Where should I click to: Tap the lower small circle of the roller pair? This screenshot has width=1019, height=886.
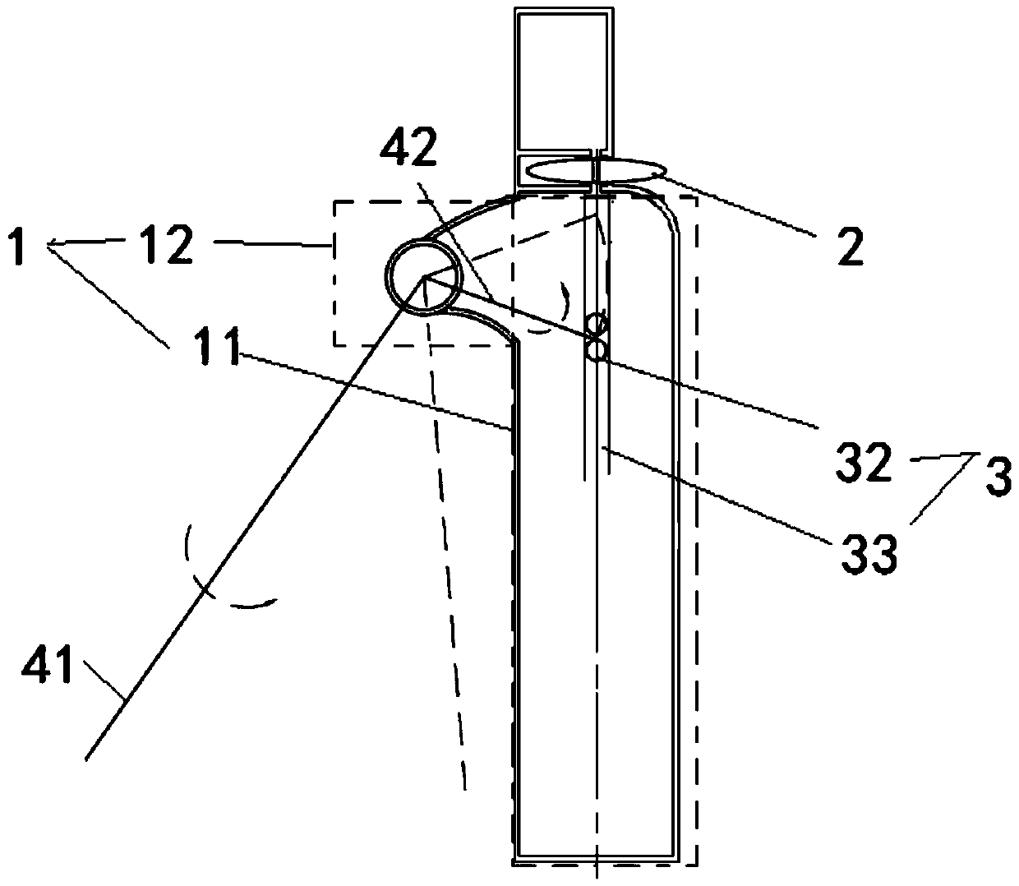coord(595,351)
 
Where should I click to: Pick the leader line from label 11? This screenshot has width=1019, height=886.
coord(370,386)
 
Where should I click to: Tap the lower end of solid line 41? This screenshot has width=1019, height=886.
coord(89,756)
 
